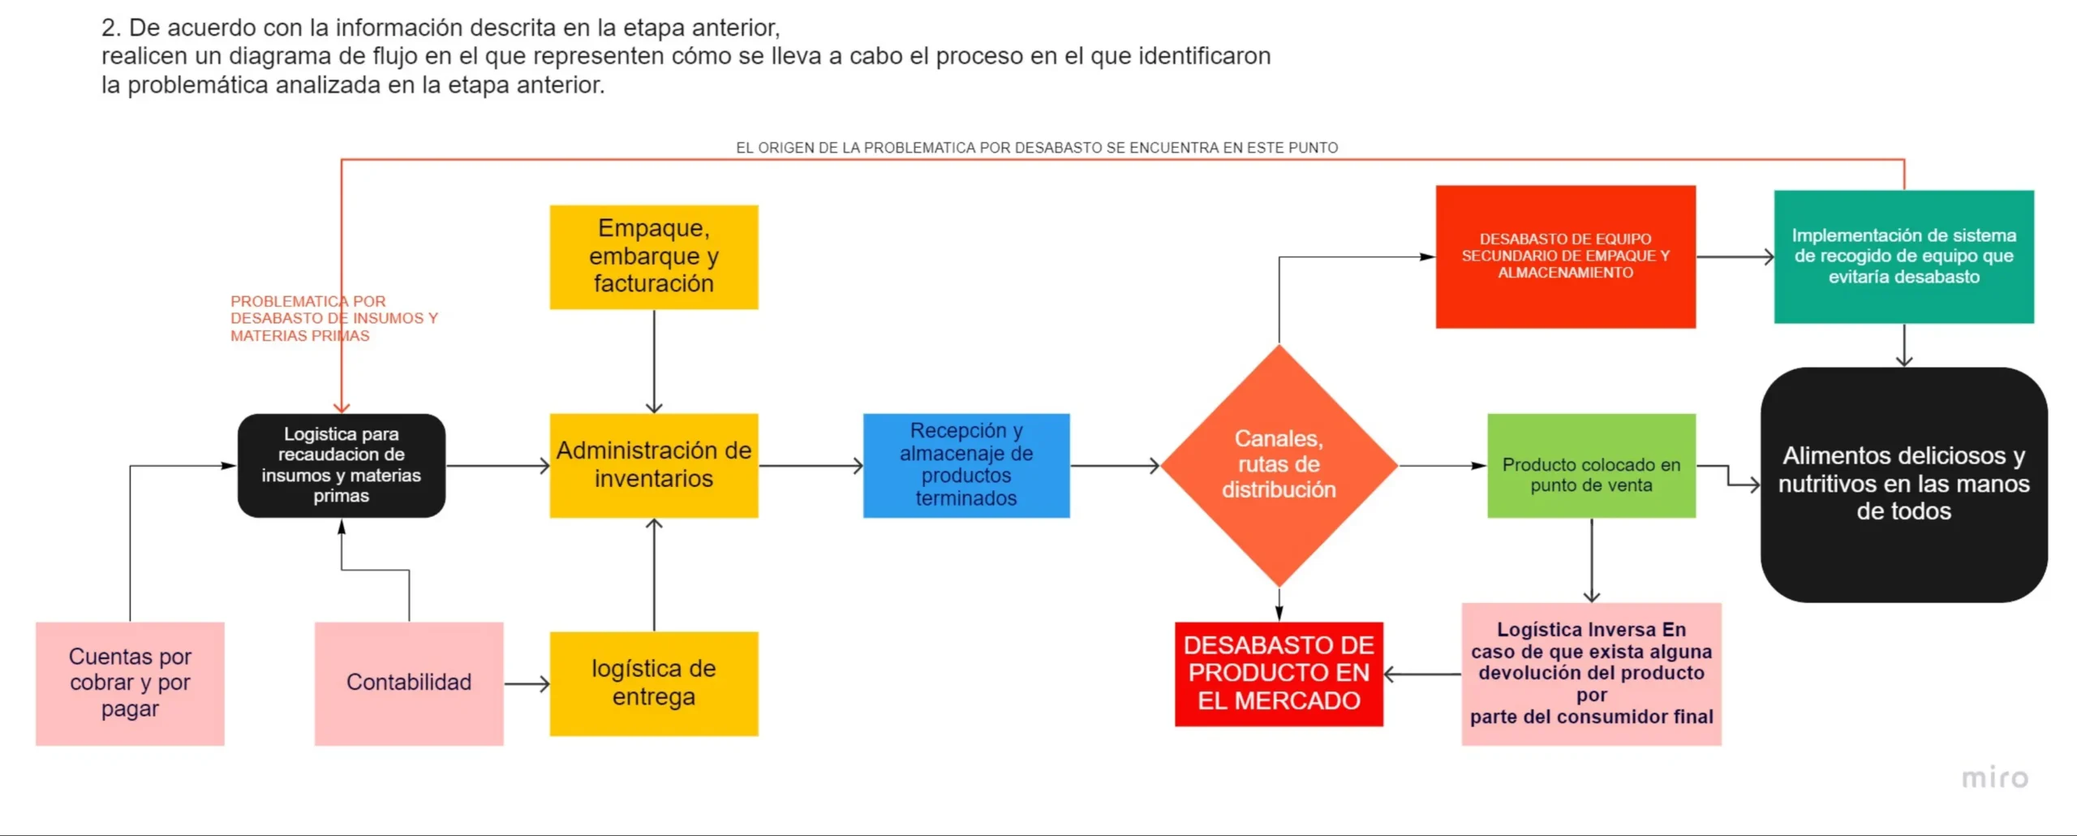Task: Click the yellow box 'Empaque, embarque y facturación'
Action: coord(654,256)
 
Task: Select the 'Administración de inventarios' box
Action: coord(654,465)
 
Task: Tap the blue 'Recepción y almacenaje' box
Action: coord(966,465)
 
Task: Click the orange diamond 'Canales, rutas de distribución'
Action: coord(1279,465)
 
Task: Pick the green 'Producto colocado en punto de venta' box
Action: coord(1591,465)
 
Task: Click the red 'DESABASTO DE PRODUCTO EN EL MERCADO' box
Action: coord(1279,674)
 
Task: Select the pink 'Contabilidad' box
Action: coord(409,683)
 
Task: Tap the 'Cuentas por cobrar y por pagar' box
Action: coord(130,683)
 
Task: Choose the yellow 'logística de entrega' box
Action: coord(654,683)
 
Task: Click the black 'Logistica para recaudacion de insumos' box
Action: coord(342,465)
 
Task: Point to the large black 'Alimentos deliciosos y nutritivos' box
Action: coord(1903,485)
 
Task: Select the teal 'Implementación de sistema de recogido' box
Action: coord(1903,256)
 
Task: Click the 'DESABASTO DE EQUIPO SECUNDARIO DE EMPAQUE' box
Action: coord(1565,256)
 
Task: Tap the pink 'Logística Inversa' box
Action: coord(1591,674)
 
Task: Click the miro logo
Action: coord(1995,778)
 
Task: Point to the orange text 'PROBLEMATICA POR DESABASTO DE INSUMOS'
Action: coord(334,318)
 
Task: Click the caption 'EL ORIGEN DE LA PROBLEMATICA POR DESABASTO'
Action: coord(1037,148)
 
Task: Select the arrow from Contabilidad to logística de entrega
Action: coord(527,683)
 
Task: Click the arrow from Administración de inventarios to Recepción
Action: coord(811,465)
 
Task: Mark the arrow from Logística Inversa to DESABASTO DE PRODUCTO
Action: coord(1422,674)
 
